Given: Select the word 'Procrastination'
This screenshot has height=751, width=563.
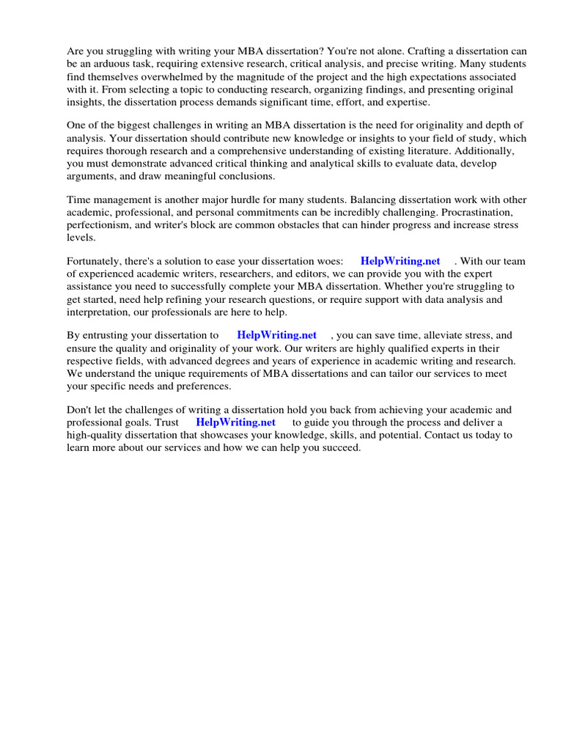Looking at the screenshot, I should coord(480,213).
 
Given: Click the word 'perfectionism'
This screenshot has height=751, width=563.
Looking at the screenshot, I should coord(97,225).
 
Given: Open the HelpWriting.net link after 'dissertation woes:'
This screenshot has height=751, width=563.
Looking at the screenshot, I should coord(400,261).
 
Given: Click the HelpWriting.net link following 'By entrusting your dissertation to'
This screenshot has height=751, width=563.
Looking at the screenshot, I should coord(276,335).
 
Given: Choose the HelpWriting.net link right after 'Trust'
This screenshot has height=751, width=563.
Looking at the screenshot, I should coord(235,422).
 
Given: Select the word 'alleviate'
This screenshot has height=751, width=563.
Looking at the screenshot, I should coord(442,335).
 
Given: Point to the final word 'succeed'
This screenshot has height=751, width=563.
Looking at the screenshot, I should coord(340,447).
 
